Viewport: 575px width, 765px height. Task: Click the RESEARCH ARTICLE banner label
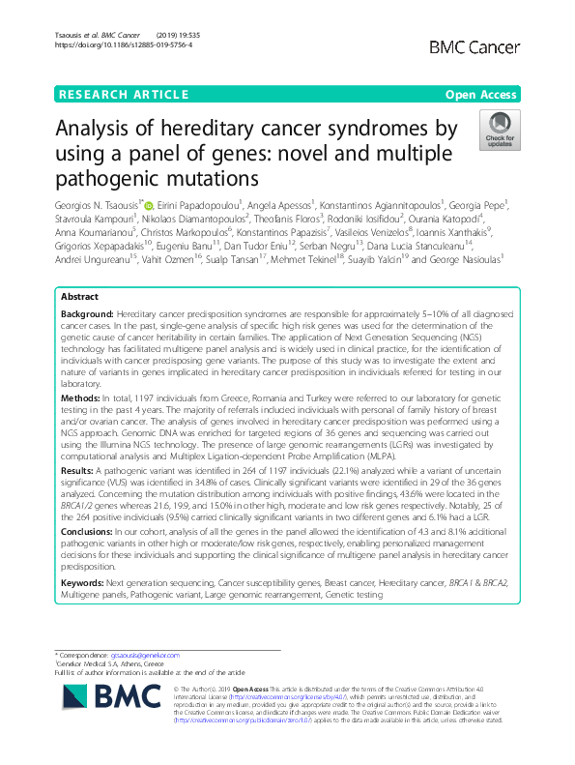[123, 94]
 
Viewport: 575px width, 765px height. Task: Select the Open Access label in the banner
[481, 94]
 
